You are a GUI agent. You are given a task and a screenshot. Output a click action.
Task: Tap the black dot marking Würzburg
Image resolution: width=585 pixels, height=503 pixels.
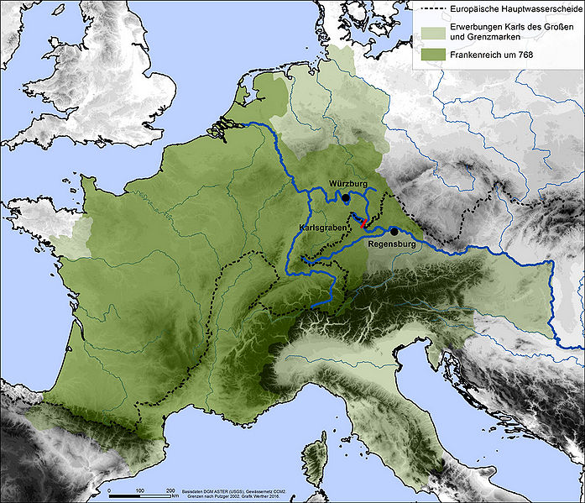(346, 198)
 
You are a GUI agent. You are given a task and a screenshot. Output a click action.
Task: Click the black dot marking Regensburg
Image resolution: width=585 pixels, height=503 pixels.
(394, 231)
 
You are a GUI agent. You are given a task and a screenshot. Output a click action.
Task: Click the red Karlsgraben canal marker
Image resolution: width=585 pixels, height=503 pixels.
(363, 223)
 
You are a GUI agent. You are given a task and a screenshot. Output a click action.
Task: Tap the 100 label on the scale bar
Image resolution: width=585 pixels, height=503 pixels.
(139, 489)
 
